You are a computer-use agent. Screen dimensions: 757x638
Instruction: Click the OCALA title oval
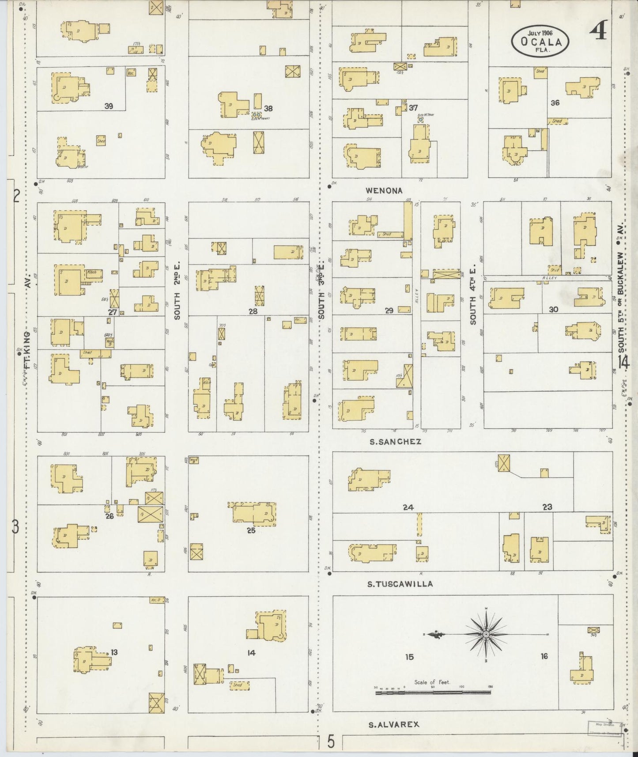[x=540, y=41]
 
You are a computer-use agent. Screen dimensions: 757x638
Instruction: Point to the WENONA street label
[x=384, y=191]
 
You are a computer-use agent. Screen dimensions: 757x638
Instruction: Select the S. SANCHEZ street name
[x=394, y=441]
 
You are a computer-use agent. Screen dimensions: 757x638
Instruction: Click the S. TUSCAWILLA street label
[x=400, y=584]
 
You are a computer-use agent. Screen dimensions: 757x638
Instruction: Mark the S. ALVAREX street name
[x=394, y=724]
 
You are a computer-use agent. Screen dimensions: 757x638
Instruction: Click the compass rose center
[x=486, y=634]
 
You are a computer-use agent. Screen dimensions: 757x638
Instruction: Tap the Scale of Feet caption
[x=432, y=682]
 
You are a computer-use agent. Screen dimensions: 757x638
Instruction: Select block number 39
[x=109, y=106]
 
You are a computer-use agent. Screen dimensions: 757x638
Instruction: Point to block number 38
[x=268, y=108]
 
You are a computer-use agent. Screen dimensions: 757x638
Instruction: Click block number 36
[x=555, y=102]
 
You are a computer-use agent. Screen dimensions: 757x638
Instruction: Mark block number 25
[x=251, y=530]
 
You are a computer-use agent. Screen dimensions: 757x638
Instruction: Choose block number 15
[x=409, y=657]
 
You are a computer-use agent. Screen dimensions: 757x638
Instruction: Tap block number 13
[x=114, y=652]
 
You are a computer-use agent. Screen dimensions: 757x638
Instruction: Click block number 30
[x=553, y=309]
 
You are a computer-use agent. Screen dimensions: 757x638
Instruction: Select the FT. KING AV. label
[x=27, y=336]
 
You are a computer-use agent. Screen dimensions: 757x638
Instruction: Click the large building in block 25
[x=254, y=513]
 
